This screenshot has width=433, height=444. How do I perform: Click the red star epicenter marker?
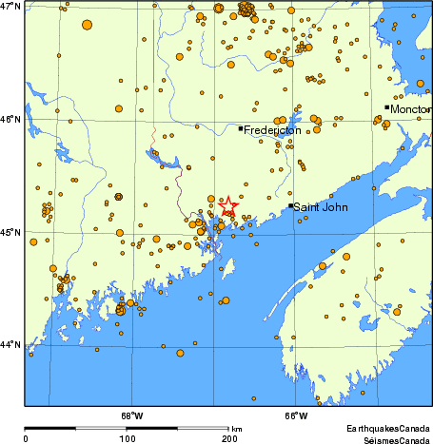(x=228, y=204)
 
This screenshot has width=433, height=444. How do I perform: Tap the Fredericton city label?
(x=273, y=130)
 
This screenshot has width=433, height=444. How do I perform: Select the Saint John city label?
(x=320, y=206)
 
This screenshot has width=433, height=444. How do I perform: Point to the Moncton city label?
(x=410, y=109)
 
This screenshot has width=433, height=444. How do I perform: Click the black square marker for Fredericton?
(x=241, y=128)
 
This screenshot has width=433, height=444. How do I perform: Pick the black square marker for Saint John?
(x=291, y=205)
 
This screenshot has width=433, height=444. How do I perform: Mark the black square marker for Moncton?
(x=387, y=107)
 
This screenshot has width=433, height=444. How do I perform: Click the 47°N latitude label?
(x=11, y=7)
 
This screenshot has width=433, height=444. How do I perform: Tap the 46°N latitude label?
(x=11, y=120)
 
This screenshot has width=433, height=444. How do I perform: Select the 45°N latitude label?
(x=11, y=232)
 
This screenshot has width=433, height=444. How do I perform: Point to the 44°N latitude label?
(x=11, y=344)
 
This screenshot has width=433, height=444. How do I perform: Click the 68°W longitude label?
(x=131, y=415)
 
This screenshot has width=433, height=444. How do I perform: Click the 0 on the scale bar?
(x=26, y=439)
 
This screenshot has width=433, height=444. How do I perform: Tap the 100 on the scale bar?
(x=127, y=439)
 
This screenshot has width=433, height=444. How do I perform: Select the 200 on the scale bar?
(x=228, y=439)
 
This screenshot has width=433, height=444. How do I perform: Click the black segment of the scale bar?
(x=76, y=430)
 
